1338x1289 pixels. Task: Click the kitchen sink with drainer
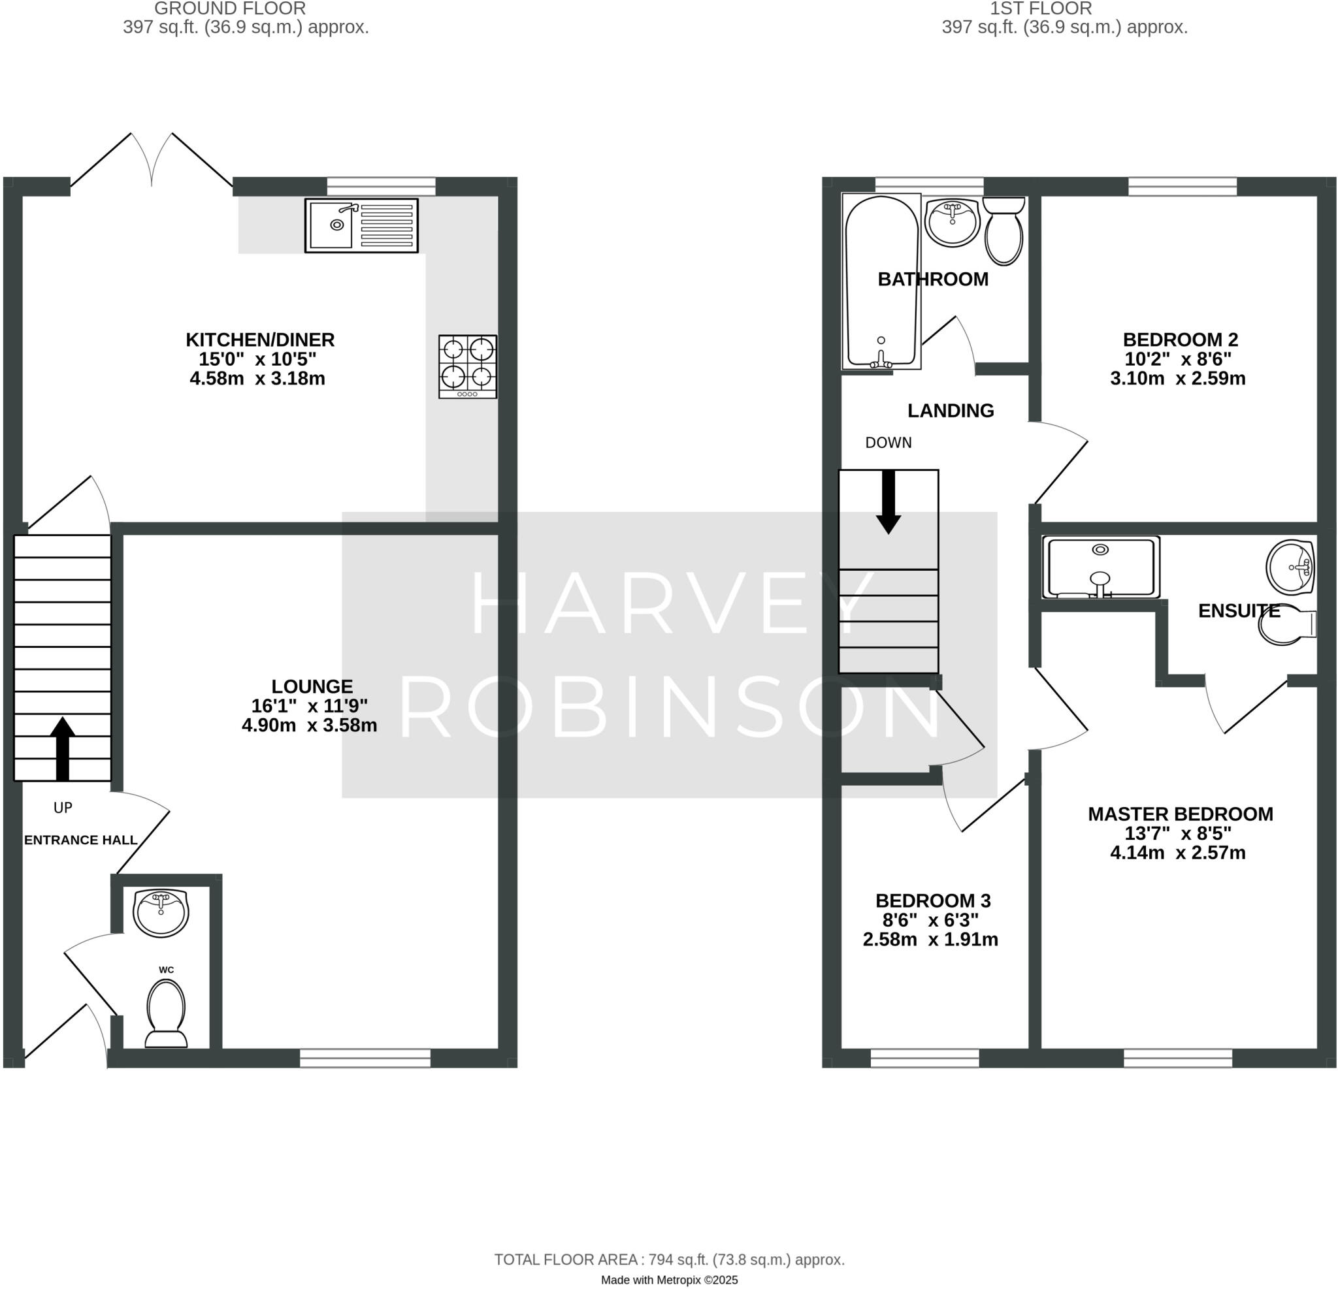[361, 225]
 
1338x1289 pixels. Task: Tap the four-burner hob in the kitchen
[468, 366]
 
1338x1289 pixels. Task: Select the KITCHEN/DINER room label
[260, 339]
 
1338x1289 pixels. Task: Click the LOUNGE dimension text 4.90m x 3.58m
[309, 725]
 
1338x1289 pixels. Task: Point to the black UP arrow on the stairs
[63, 748]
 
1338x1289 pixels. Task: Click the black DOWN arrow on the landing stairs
[888, 501]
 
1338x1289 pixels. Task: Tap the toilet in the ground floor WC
[167, 1013]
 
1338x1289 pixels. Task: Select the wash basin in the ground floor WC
[161, 912]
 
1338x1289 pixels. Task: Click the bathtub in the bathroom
[881, 281]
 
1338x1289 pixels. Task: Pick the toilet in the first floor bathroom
[1003, 230]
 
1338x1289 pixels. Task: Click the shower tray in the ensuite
[1100, 567]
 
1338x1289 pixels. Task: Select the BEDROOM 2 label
[1181, 339]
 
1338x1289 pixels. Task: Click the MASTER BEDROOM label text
[1181, 814]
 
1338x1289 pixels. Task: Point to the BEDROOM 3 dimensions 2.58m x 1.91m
[930, 940]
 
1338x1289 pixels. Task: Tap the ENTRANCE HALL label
[80, 840]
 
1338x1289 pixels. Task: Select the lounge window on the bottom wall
[365, 1058]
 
